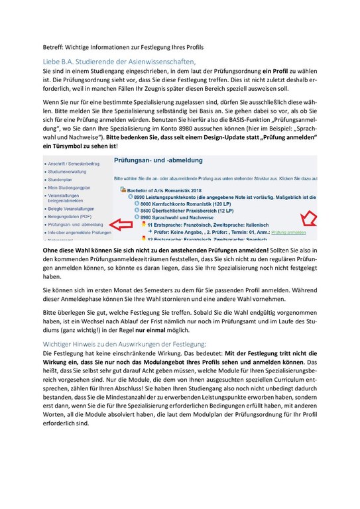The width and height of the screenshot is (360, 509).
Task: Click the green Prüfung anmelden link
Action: [288, 232]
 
